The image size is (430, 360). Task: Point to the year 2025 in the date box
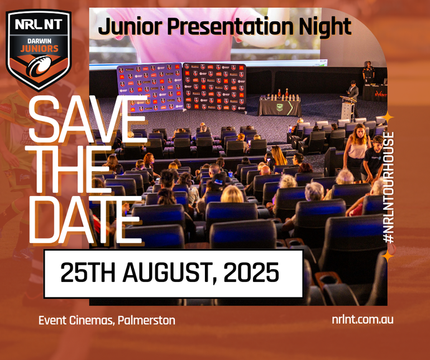[251, 272]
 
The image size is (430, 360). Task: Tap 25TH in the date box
[88, 272]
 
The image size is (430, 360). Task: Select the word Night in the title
[325, 27]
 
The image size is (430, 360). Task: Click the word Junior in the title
[130, 27]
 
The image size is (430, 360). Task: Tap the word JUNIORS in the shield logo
[39, 49]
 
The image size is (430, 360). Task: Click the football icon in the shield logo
[40, 66]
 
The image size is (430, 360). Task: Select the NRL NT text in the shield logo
[39, 24]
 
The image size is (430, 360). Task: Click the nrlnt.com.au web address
[362, 319]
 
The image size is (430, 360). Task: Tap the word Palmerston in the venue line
[146, 320]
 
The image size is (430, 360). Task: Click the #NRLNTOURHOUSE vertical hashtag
[389, 188]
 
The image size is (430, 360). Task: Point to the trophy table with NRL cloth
[280, 105]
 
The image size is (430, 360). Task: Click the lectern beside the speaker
[348, 108]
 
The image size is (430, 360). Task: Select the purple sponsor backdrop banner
[150, 88]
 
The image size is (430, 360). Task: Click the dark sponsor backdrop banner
[214, 87]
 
